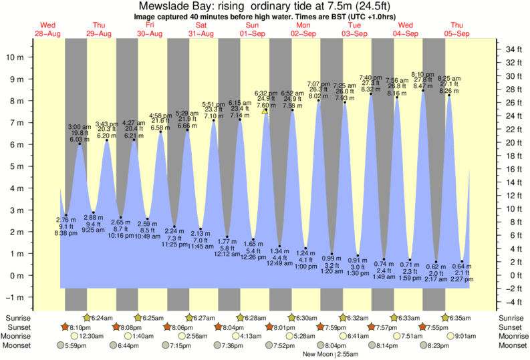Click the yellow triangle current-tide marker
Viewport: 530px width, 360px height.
(265, 111)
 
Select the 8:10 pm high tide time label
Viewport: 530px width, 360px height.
(422, 75)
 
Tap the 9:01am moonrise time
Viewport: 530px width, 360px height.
(465, 337)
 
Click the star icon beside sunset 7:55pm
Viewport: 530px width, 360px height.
(424, 327)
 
